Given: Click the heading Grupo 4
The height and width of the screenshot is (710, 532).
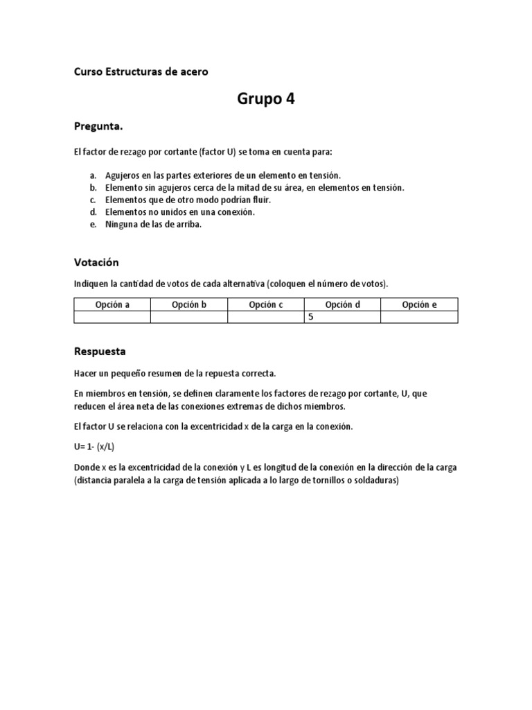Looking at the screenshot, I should click(266, 99).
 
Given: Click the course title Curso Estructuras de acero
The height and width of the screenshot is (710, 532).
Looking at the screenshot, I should click(141, 71).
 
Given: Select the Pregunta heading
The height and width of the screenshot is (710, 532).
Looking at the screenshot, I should click(98, 126).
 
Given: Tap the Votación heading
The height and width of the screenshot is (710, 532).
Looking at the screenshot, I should click(96, 262).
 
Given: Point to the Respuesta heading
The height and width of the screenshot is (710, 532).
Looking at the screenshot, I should click(100, 351).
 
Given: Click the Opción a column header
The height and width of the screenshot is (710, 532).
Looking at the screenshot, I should click(112, 305).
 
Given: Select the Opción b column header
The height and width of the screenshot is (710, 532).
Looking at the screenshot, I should click(189, 305).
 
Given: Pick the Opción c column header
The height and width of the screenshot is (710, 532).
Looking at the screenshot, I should click(266, 305).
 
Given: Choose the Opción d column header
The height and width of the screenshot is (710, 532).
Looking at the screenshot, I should click(343, 305).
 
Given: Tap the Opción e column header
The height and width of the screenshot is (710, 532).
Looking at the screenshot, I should click(419, 305).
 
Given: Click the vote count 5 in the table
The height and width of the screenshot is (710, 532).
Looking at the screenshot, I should click(311, 317).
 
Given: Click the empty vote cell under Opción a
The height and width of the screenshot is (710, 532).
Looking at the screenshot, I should click(112, 317).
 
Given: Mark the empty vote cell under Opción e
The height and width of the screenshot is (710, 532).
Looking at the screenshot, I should click(419, 317).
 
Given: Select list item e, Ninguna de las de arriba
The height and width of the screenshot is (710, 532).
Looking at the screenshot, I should click(153, 225).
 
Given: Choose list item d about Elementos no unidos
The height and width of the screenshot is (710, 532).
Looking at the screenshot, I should click(179, 212).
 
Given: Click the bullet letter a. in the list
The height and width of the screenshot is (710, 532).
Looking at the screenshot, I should click(93, 175).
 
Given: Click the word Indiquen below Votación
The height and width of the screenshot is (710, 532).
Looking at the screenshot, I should click(92, 283).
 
